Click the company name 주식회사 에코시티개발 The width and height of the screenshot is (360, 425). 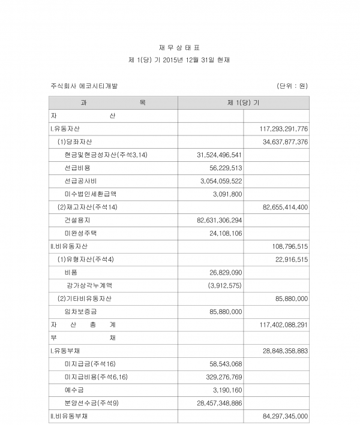(85, 86)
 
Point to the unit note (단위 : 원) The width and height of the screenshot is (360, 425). (292, 86)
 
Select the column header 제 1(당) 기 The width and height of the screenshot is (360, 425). (244, 103)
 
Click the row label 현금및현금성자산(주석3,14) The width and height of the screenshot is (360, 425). (102, 155)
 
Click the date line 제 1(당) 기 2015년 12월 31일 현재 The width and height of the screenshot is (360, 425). (179, 61)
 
